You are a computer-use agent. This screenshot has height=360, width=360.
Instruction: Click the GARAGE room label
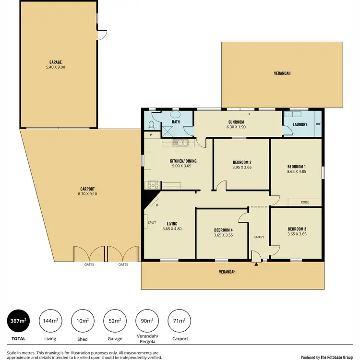[55, 62]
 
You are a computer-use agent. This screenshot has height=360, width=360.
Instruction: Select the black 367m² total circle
[19, 321]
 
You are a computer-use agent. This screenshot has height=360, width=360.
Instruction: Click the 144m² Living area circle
[50, 321]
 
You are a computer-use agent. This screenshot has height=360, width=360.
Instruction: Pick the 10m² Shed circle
[83, 321]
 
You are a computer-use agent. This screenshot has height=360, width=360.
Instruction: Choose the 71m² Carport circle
[179, 321]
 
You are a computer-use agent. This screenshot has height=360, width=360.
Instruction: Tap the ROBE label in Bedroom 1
[305, 202]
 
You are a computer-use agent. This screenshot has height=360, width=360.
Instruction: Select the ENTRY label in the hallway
[259, 237]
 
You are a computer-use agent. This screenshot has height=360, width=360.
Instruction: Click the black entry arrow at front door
[257, 264]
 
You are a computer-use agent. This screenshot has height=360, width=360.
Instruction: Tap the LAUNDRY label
[300, 124]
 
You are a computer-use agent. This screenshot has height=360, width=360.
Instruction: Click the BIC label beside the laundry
[318, 124]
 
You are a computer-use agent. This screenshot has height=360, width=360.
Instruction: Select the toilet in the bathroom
[151, 125]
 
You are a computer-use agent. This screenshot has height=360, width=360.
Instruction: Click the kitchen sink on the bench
[180, 142]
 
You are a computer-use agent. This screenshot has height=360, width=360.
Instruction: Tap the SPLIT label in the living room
[151, 223]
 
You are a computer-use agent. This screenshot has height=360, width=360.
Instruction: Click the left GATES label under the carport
[89, 264]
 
